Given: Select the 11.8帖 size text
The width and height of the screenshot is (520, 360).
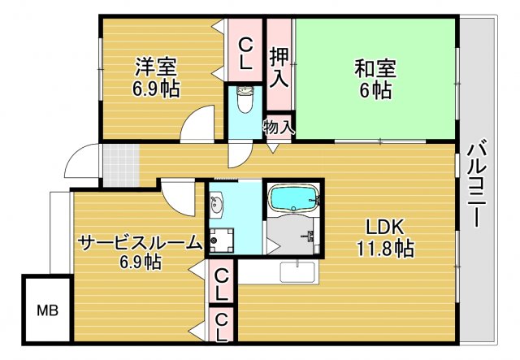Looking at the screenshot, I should coord(380,249).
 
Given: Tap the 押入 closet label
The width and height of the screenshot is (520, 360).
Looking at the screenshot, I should coord(279,67).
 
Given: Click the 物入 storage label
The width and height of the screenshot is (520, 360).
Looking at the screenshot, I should coord(279,127).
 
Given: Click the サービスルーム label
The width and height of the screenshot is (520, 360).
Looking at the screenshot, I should coord(140,241).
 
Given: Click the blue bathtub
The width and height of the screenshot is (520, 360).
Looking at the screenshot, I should coord(293,198).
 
